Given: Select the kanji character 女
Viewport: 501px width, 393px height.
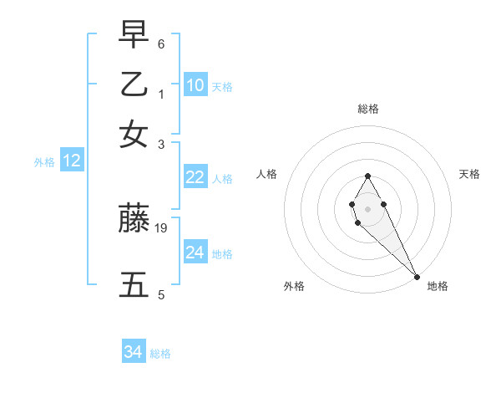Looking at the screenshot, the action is tap(134, 134).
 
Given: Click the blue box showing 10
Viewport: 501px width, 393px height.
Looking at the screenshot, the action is tap(195, 85).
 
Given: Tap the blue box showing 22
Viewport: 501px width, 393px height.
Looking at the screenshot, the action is tap(195, 177).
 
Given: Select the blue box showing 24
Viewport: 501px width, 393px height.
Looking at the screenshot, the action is tap(195, 253).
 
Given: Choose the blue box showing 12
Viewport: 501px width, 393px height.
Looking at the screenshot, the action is tap(72, 161).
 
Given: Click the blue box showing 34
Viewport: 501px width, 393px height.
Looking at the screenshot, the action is tap(134, 352).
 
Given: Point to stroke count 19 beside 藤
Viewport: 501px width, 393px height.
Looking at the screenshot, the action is tap(162, 227).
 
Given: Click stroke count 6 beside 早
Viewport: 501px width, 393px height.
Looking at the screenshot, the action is tap(161, 43).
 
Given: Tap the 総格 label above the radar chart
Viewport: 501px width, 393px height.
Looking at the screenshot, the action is tap(367, 109).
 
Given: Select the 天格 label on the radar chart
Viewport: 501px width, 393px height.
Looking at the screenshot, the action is tap(470, 174).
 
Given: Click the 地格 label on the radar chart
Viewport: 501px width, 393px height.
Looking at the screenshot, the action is tap(438, 286).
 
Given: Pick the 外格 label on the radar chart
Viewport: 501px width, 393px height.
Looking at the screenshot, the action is tap(294, 286).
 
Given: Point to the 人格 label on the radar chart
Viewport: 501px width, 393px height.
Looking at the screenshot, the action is tap(267, 174).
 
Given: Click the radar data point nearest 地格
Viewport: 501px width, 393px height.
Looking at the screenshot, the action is tap(416, 276).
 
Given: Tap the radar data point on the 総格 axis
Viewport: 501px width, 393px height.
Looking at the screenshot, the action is tap(367, 176).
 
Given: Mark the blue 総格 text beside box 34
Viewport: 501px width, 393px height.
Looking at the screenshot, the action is tap(160, 354).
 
